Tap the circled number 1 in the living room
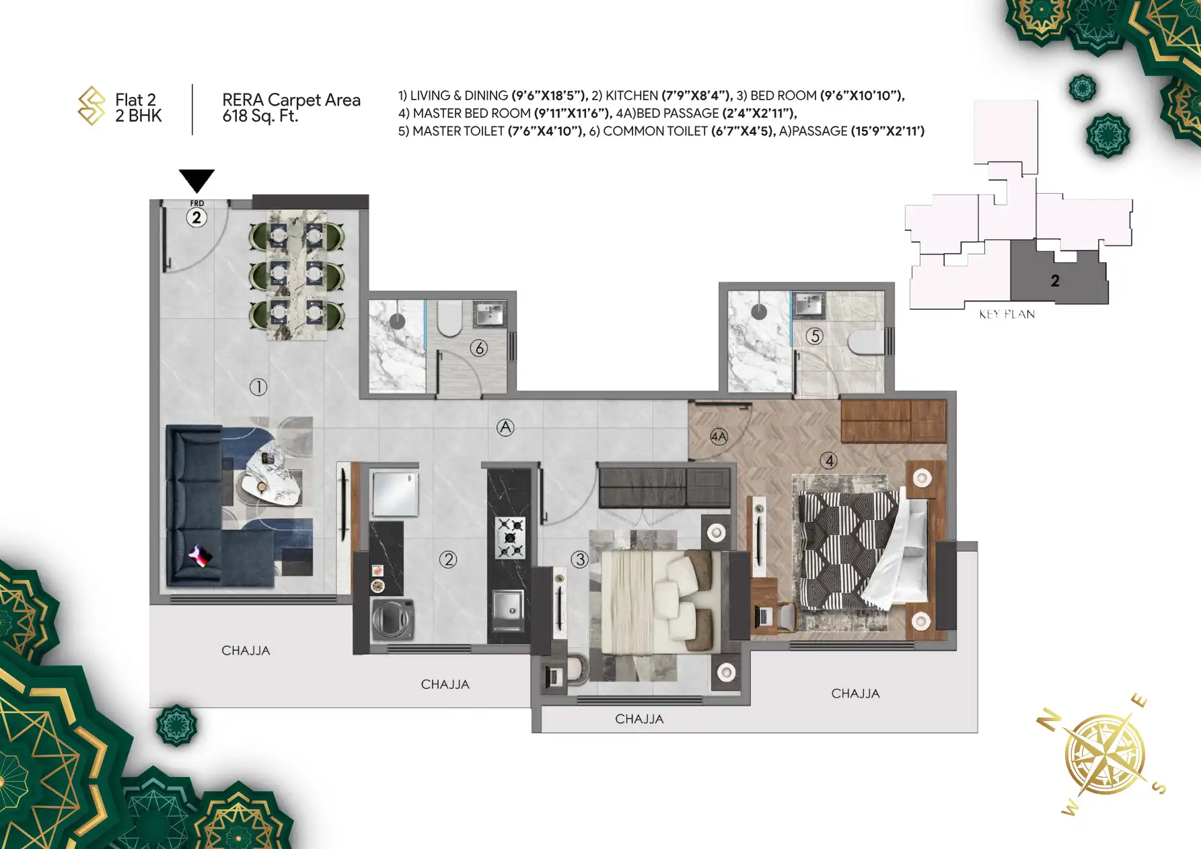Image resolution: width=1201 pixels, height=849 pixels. coord(258,387)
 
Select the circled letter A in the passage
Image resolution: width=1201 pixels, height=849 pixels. coord(505,427)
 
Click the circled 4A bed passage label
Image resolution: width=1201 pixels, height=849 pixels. coord(719,437)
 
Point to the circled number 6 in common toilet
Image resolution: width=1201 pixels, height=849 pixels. coord(479,348)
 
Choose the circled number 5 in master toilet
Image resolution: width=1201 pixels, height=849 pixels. coord(815,336)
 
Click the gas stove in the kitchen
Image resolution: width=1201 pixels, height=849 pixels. coord(510,538)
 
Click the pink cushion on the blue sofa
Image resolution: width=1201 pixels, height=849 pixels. coord(200,556)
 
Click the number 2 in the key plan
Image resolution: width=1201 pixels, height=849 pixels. coord(1055,281)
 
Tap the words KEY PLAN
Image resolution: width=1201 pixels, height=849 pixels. coord(1007,314)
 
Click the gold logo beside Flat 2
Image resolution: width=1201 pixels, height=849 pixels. coord(92,106)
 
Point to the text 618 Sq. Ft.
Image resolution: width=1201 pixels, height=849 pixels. coord(260,116)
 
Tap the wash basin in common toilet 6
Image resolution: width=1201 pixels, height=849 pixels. coord(489,313)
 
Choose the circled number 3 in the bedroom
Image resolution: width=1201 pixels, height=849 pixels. coord(580,559)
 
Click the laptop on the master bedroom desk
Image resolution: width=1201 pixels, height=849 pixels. coord(763,615)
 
